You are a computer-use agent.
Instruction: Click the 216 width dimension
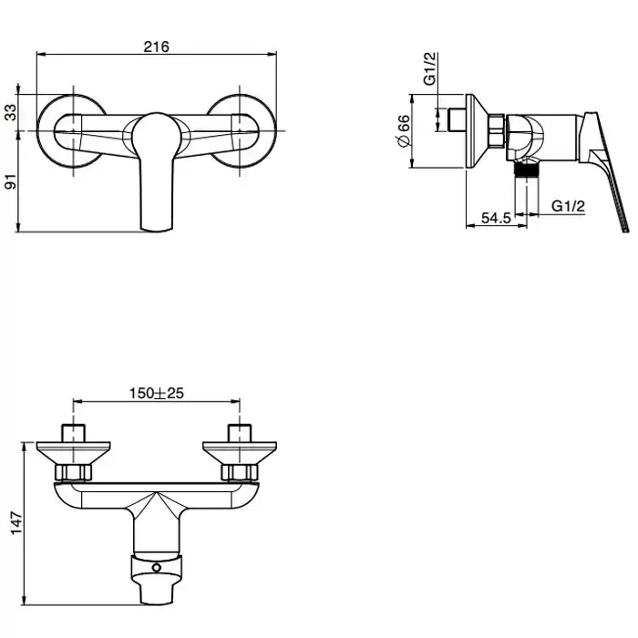pos(156,46)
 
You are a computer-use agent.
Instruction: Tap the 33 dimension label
pos(11,113)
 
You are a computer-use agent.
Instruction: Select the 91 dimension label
pos(11,181)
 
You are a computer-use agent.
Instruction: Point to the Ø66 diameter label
pos(403,131)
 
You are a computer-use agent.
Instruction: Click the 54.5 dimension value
pos(496,218)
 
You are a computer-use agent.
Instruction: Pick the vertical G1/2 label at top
pos(429,68)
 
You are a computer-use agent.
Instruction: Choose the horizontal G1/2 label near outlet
pos(568,206)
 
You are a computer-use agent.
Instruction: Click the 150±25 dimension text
pos(157,393)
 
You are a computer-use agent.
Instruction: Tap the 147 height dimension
pos(16,523)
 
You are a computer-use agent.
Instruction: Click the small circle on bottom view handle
pos(157,568)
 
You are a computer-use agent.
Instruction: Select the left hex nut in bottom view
pos(73,472)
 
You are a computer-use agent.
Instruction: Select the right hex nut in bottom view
pos(240,472)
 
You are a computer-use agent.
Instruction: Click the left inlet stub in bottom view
pos(73,433)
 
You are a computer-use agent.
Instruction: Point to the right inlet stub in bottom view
pos(240,433)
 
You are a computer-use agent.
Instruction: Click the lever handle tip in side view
pos(625,230)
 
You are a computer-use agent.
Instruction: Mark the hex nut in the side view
pos(497,131)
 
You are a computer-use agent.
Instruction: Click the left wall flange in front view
pos(73,131)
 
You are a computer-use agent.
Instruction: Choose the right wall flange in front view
pos(240,131)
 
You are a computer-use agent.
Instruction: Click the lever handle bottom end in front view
pos(156,229)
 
